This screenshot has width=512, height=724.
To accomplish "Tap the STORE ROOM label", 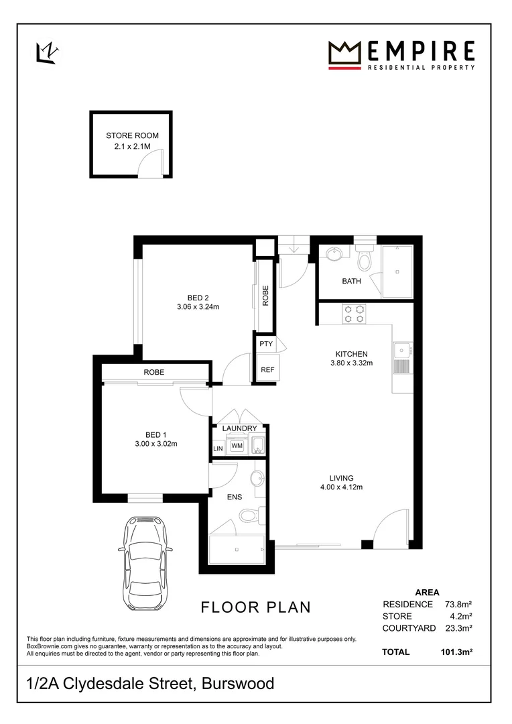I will click(x=132, y=135).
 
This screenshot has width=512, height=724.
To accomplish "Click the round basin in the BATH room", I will click(x=333, y=254).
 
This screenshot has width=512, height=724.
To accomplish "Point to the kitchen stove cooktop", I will click(x=353, y=314).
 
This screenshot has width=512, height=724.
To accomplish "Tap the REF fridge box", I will click(x=267, y=369).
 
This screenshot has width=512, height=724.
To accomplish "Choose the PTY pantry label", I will click(x=265, y=343).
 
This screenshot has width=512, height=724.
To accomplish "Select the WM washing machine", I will click(x=237, y=445).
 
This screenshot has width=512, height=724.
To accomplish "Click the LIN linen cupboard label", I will click(x=218, y=448).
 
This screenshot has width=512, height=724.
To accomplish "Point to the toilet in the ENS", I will click(x=249, y=515).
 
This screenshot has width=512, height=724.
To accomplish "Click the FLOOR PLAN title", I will click(x=256, y=607).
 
